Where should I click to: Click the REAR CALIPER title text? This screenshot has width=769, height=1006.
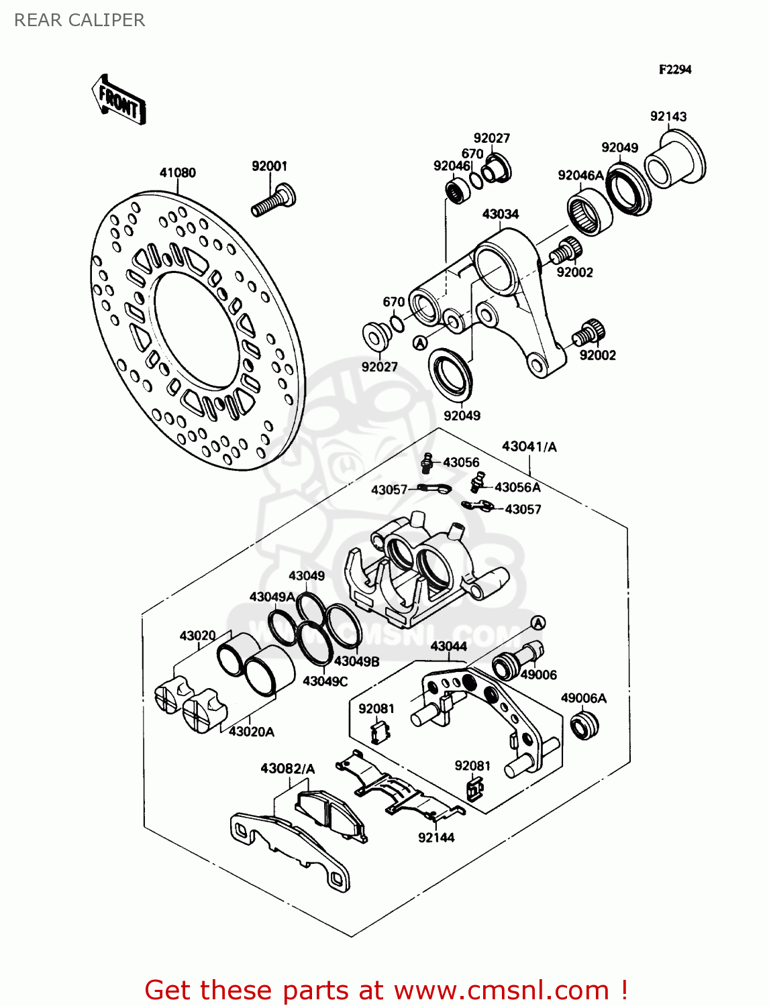tap(79, 20)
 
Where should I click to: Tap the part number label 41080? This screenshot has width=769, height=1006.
tap(177, 172)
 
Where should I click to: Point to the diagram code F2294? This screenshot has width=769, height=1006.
tap(674, 69)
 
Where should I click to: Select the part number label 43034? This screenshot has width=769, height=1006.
tap(500, 214)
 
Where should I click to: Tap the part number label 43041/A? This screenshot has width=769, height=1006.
tap(529, 446)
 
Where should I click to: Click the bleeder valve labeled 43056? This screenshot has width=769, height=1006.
tap(427, 462)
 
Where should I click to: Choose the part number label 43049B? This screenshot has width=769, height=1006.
tap(356, 661)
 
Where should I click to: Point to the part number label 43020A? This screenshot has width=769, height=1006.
tap(251, 732)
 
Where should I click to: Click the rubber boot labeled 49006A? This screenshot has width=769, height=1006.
tap(584, 726)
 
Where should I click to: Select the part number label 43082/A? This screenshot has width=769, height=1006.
tap(287, 769)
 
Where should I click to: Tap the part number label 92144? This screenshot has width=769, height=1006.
tap(436, 837)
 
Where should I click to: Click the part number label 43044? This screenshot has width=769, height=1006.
tap(448, 646)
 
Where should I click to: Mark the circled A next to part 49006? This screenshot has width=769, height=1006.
tap(538, 622)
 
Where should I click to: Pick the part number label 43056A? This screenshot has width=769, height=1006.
tap(517, 487)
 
